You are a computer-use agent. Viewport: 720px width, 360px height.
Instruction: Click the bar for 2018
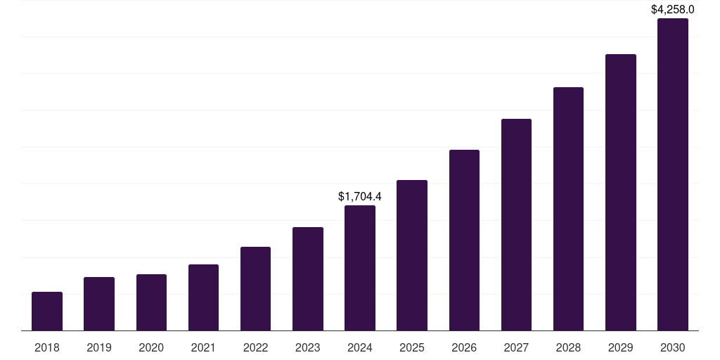coord(47,311)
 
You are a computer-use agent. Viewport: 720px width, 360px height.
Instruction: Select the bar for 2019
coord(99,304)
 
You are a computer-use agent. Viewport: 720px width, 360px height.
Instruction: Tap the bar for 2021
coord(203,297)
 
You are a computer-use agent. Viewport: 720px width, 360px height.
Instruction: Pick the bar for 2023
coord(308,278)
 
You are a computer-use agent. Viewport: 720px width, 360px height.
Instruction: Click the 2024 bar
coord(360,268)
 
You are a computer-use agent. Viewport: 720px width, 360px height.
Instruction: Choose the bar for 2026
coord(464,240)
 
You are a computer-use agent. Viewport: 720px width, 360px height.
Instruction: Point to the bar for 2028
coord(568,209)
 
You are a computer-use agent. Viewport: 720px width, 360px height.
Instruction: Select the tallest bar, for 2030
coord(673,174)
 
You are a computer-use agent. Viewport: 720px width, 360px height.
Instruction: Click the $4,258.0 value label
coord(673,10)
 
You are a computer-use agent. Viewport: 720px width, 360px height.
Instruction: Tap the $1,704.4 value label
coord(360,196)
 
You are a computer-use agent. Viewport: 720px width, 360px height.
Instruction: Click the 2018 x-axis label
coord(47,347)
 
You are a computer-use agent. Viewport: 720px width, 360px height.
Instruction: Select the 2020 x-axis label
coord(151,347)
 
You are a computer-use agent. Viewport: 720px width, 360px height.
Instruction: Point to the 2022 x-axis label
coord(255,347)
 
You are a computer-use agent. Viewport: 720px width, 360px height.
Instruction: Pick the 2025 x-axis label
coord(412,347)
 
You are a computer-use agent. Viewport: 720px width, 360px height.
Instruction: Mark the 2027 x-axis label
coord(516,347)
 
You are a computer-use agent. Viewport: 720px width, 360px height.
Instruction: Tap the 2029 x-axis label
coord(620,347)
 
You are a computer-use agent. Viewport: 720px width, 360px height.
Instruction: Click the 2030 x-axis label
coord(673,347)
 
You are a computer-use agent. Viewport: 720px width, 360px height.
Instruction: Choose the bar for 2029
coord(620,192)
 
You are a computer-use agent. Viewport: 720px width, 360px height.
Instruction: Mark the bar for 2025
coord(412,255)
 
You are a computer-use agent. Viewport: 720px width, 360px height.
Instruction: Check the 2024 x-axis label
coord(360,347)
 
